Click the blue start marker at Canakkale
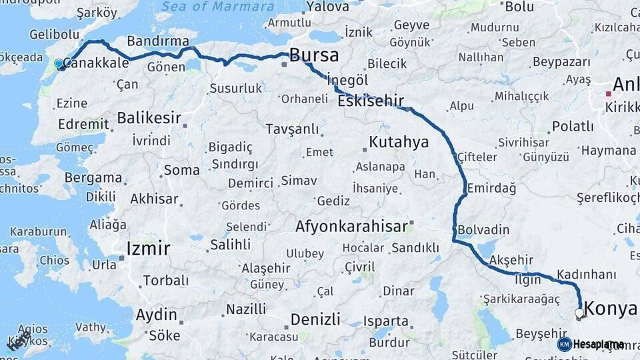[x=59, y=64]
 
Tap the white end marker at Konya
[x=579, y=313]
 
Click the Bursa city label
[x=313, y=55]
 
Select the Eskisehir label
[x=371, y=101]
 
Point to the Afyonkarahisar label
[x=351, y=227]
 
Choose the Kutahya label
[x=399, y=142]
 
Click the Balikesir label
[x=149, y=118]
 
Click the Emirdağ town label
[x=492, y=188]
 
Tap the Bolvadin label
[x=484, y=229]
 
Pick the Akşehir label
[x=513, y=259]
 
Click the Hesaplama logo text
[x=599, y=344]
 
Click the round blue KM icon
[x=565, y=344]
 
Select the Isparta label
[x=386, y=321]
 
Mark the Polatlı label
[x=573, y=126]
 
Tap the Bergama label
[x=94, y=178]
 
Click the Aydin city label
[x=157, y=315]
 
